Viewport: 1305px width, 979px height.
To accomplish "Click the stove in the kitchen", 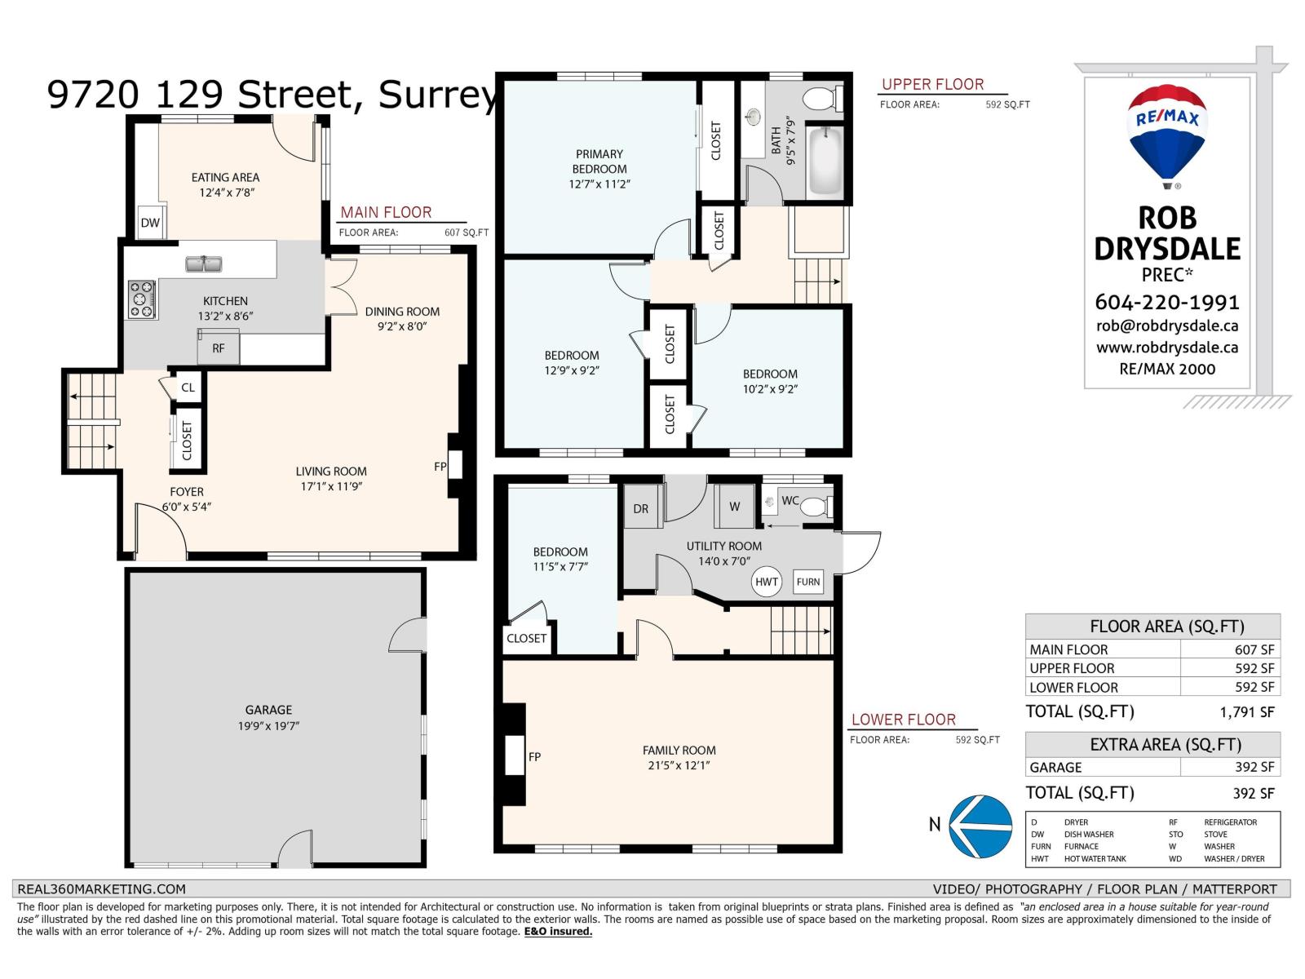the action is tap(142, 299).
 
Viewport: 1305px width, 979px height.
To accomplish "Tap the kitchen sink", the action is tap(204, 264).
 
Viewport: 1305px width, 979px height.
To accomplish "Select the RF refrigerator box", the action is tap(219, 347).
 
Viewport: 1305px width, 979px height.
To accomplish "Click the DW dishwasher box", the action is tap(150, 222).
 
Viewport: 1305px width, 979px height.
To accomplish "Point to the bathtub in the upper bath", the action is tap(825, 161).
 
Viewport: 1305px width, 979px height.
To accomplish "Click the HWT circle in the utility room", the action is tap(767, 582).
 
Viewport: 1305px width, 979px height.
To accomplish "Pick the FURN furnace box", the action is tap(808, 582).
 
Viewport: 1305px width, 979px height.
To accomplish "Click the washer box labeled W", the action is tap(735, 507).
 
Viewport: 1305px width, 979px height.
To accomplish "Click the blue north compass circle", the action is tap(980, 826).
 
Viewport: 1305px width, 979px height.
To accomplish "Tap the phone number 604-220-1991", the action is tap(1167, 303).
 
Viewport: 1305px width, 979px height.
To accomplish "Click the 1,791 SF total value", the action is tap(1247, 712).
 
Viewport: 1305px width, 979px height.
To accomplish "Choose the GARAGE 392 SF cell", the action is tap(1152, 768).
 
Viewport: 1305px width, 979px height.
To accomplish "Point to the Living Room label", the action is tap(331, 479).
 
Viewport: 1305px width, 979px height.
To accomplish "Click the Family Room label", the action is tap(679, 758).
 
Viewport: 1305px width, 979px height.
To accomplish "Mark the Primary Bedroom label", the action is tap(599, 169).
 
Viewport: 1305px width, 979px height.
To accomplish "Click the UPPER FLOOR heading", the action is tap(932, 84).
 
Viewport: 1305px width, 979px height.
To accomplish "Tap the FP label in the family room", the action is tap(534, 757).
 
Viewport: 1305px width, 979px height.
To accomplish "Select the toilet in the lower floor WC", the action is tap(816, 507).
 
